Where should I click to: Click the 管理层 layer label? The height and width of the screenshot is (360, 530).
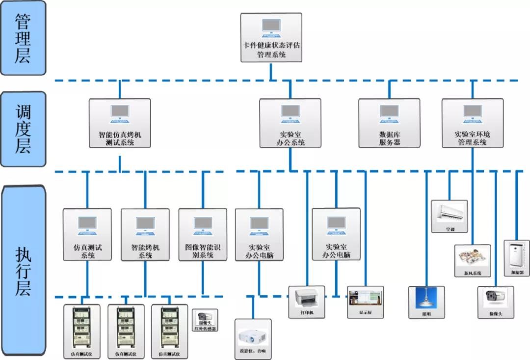(23, 38)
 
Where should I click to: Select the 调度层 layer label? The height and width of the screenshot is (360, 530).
(23, 129)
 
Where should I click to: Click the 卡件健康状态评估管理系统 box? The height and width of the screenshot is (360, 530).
(271, 38)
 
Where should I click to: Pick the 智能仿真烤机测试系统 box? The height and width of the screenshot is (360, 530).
(120, 123)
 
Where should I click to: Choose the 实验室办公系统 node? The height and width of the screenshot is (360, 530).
(290, 123)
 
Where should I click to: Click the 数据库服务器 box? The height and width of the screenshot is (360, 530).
(389, 123)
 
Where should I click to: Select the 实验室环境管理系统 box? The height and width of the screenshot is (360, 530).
(472, 123)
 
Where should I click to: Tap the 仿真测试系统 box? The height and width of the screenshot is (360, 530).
(87, 234)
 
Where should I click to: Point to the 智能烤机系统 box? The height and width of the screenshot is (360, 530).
(145, 234)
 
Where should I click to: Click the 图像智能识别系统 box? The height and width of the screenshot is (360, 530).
(203, 234)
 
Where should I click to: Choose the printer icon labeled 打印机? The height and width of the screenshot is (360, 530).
(306, 301)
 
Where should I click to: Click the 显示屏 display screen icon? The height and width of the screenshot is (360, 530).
(365, 301)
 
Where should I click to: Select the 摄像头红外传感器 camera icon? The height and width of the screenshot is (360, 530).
(205, 319)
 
